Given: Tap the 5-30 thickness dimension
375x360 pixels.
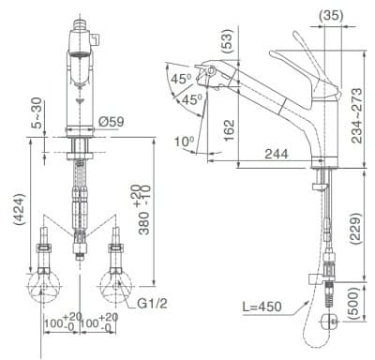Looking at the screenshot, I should (36, 112).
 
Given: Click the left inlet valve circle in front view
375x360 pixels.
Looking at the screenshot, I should (46, 286).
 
